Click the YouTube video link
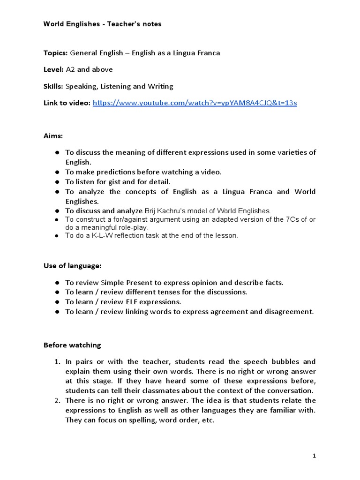pyautogui.click(x=195, y=103)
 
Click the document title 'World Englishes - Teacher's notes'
pyautogui.click(x=102, y=24)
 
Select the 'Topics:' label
pyautogui.click(x=56, y=53)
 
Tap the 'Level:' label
pyautogui.click(x=54, y=69)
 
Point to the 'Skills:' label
pyautogui.click(x=54, y=86)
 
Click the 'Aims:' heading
pyautogui.click(x=53, y=135)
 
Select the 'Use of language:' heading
pyautogui.click(x=72, y=266)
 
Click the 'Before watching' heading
pyautogui.click(x=72, y=345)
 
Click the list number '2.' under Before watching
pyautogui.click(x=57, y=400)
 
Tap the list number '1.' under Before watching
pyautogui.click(x=57, y=361)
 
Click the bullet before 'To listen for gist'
pyautogui.click(x=57, y=181)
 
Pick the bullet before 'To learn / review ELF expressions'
pyautogui.click(x=57, y=302)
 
